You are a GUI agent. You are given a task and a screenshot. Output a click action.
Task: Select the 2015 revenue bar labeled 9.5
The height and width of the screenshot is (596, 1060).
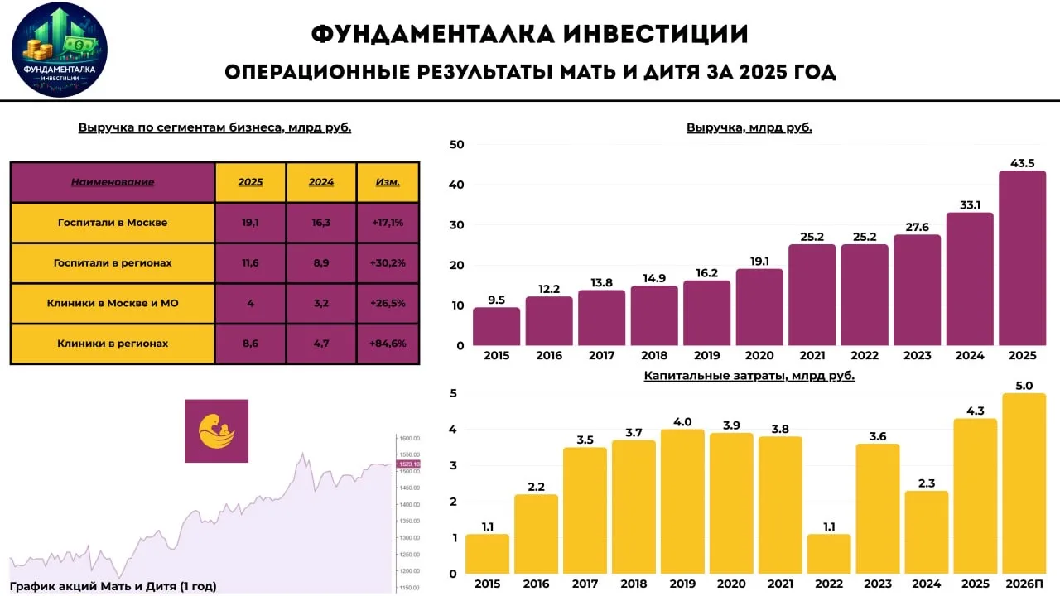click(497, 326)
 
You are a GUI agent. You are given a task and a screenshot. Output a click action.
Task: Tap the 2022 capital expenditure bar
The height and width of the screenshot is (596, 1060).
click(829, 554)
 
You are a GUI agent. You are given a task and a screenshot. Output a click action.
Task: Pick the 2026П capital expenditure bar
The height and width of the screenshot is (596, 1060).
click(1024, 483)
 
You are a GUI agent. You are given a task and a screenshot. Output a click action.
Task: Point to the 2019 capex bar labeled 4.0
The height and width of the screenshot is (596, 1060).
click(682, 502)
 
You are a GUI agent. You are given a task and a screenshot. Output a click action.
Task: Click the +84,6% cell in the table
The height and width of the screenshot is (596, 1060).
click(388, 344)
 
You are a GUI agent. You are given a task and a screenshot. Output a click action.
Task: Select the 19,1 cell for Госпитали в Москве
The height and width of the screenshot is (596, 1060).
click(250, 223)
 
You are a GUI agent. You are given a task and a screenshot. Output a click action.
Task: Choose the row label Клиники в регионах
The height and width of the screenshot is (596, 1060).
click(113, 344)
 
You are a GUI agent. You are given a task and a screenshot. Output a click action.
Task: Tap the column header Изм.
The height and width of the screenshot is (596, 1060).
click(388, 182)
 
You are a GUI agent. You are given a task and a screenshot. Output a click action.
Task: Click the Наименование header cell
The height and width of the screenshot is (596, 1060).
click(113, 182)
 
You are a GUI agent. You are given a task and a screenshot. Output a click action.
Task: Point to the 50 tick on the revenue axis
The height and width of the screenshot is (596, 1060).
click(456, 145)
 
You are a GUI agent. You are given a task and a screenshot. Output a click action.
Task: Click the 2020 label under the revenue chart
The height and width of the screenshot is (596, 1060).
click(759, 356)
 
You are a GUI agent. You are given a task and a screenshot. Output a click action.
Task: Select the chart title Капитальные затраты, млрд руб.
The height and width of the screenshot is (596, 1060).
click(749, 376)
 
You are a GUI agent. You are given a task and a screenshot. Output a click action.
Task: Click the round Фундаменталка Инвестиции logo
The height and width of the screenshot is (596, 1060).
click(60, 50)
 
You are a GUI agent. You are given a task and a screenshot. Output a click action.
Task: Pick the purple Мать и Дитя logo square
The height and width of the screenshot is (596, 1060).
click(216, 431)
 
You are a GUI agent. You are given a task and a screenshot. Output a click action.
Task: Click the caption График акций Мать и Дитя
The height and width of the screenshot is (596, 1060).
click(113, 586)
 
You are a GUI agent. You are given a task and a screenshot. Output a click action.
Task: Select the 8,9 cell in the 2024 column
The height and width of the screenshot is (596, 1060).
click(320, 263)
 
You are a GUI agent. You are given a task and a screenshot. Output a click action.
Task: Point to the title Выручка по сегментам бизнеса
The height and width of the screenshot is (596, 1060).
click(215, 128)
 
